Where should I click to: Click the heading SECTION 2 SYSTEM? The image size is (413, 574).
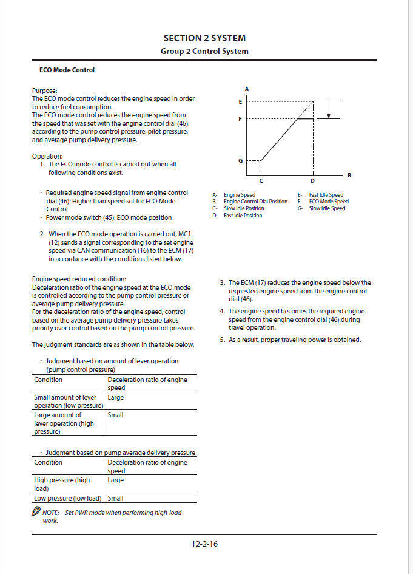click(x=204, y=38)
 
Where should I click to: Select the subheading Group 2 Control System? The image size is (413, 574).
click(x=204, y=51)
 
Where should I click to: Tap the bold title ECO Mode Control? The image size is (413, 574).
click(x=67, y=70)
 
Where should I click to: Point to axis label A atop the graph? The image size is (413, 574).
click(x=247, y=89)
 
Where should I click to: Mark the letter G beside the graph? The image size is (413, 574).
click(x=240, y=161)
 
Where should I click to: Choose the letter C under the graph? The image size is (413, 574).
click(x=261, y=181)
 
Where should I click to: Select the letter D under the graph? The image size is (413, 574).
click(x=312, y=181)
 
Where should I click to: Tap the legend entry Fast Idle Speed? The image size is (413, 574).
click(x=326, y=195)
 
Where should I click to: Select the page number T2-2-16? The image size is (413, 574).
click(x=204, y=544)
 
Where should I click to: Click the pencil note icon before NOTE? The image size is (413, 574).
click(x=36, y=512)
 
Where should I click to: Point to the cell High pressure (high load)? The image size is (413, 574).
click(x=62, y=483)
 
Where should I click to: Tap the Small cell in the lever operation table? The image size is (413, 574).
click(x=115, y=415)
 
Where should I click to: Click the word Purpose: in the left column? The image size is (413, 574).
click(x=44, y=91)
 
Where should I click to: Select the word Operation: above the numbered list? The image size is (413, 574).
click(x=47, y=156)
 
